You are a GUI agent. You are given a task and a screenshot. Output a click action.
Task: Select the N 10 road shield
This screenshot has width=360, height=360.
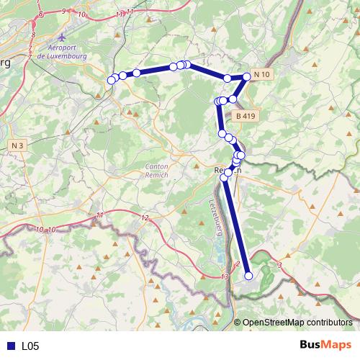coord(263,75)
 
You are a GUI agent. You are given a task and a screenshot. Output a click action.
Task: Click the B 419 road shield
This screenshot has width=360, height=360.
coord(245,115)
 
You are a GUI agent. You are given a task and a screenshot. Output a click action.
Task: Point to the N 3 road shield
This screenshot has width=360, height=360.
coord(18,145)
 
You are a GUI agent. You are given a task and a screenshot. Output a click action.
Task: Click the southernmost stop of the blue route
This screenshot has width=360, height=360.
coord(249,276)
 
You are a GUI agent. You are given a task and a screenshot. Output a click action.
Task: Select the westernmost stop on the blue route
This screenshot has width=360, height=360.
coord(111,80)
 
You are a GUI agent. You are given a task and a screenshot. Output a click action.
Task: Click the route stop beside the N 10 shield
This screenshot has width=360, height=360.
coord(247,76)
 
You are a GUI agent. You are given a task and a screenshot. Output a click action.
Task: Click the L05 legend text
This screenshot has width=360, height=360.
coord(30,346)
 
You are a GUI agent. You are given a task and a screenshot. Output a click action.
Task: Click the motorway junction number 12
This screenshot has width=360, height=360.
coord(145,218)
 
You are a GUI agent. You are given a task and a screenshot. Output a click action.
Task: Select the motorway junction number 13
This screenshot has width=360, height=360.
coord(225,277)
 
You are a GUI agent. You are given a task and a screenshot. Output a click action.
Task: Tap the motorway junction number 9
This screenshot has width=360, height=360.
coord(64,11)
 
